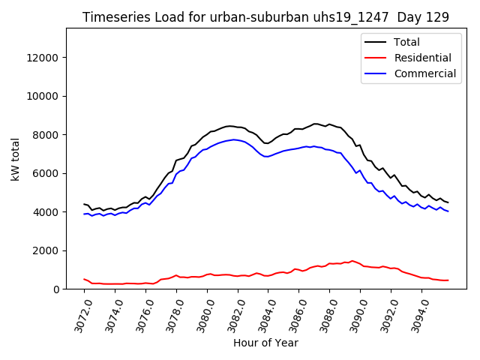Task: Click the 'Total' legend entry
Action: pos(406,42)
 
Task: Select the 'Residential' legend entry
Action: pos(422,58)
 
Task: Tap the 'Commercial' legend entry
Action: pos(424,73)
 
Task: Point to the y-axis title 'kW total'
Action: pos(15,159)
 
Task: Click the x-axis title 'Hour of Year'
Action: pos(265,343)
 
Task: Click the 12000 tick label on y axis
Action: pos(42,58)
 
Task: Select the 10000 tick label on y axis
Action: pos(42,97)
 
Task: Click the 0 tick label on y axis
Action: pos(55,289)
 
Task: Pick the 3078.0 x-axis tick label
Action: pos(169,315)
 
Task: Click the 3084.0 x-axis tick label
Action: pos(260,315)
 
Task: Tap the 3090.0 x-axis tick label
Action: pos(352,315)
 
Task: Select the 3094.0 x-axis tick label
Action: pos(414,315)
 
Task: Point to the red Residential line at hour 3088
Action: pos(329,264)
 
